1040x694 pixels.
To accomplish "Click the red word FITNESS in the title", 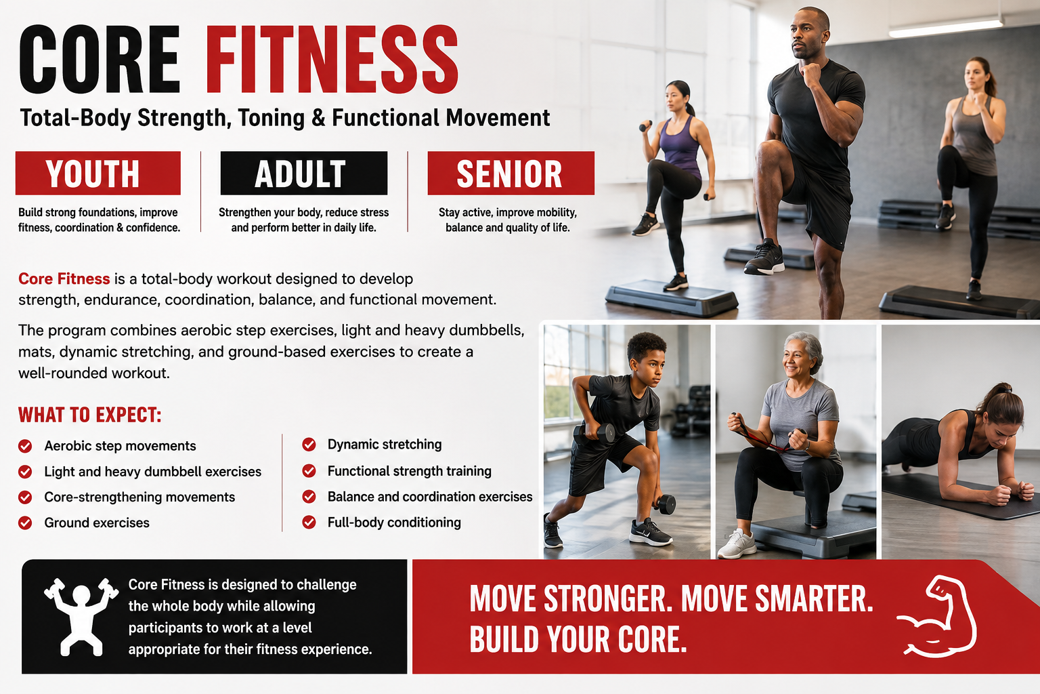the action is tap(332, 59).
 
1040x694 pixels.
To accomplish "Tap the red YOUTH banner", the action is tap(98, 173).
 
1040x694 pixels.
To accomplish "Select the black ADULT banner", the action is tap(303, 173).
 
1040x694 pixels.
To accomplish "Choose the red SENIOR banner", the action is tap(511, 173).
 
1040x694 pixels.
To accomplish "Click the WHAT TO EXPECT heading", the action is tap(89, 415).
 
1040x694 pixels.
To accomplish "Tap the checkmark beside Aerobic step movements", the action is tap(25, 446).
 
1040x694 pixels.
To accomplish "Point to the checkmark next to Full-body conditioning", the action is tap(309, 523).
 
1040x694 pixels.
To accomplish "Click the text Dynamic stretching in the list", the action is tap(385, 445).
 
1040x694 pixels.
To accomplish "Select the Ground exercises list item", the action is tap(97, 523).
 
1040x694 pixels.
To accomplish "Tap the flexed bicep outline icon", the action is tap(938, 616).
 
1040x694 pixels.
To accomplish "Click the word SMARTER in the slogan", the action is tap(813, 598).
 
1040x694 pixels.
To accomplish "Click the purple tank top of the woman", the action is tap(680, 146).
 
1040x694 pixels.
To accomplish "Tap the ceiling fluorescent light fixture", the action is tap(946, 27).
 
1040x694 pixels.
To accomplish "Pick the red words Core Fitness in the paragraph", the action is tap(64, 279).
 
